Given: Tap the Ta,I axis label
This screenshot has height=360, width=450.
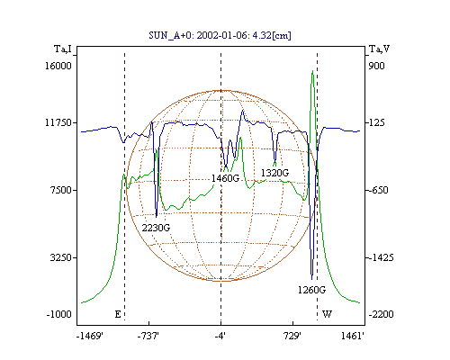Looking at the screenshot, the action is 63,49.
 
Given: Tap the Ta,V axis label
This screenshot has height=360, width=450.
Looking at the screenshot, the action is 379,49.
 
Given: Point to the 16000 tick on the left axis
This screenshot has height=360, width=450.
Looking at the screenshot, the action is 58,66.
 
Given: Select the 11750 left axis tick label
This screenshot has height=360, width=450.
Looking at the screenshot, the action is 58,122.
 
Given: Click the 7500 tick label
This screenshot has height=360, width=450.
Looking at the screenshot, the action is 61,190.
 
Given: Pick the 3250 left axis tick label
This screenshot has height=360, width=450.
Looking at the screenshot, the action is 61,257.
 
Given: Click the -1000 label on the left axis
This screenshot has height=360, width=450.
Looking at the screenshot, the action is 58,314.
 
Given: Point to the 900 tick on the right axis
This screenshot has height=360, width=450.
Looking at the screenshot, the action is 376,66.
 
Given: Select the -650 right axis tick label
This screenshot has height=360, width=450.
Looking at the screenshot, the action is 378,190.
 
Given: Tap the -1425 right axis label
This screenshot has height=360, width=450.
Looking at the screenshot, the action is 381,257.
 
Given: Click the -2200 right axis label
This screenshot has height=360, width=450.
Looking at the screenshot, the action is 381,314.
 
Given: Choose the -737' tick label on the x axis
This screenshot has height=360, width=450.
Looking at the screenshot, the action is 148,337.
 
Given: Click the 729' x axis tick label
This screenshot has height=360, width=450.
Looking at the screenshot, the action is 292,337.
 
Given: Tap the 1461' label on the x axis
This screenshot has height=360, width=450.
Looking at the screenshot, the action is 353,337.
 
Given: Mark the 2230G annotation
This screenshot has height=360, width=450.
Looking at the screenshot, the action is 156,228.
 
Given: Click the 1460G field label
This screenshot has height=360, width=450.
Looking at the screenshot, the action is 225,178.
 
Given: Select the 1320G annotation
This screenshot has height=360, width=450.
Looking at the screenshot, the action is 274,173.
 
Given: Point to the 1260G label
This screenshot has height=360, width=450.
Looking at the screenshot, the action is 311,290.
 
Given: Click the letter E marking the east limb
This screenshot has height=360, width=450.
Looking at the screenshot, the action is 118,314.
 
